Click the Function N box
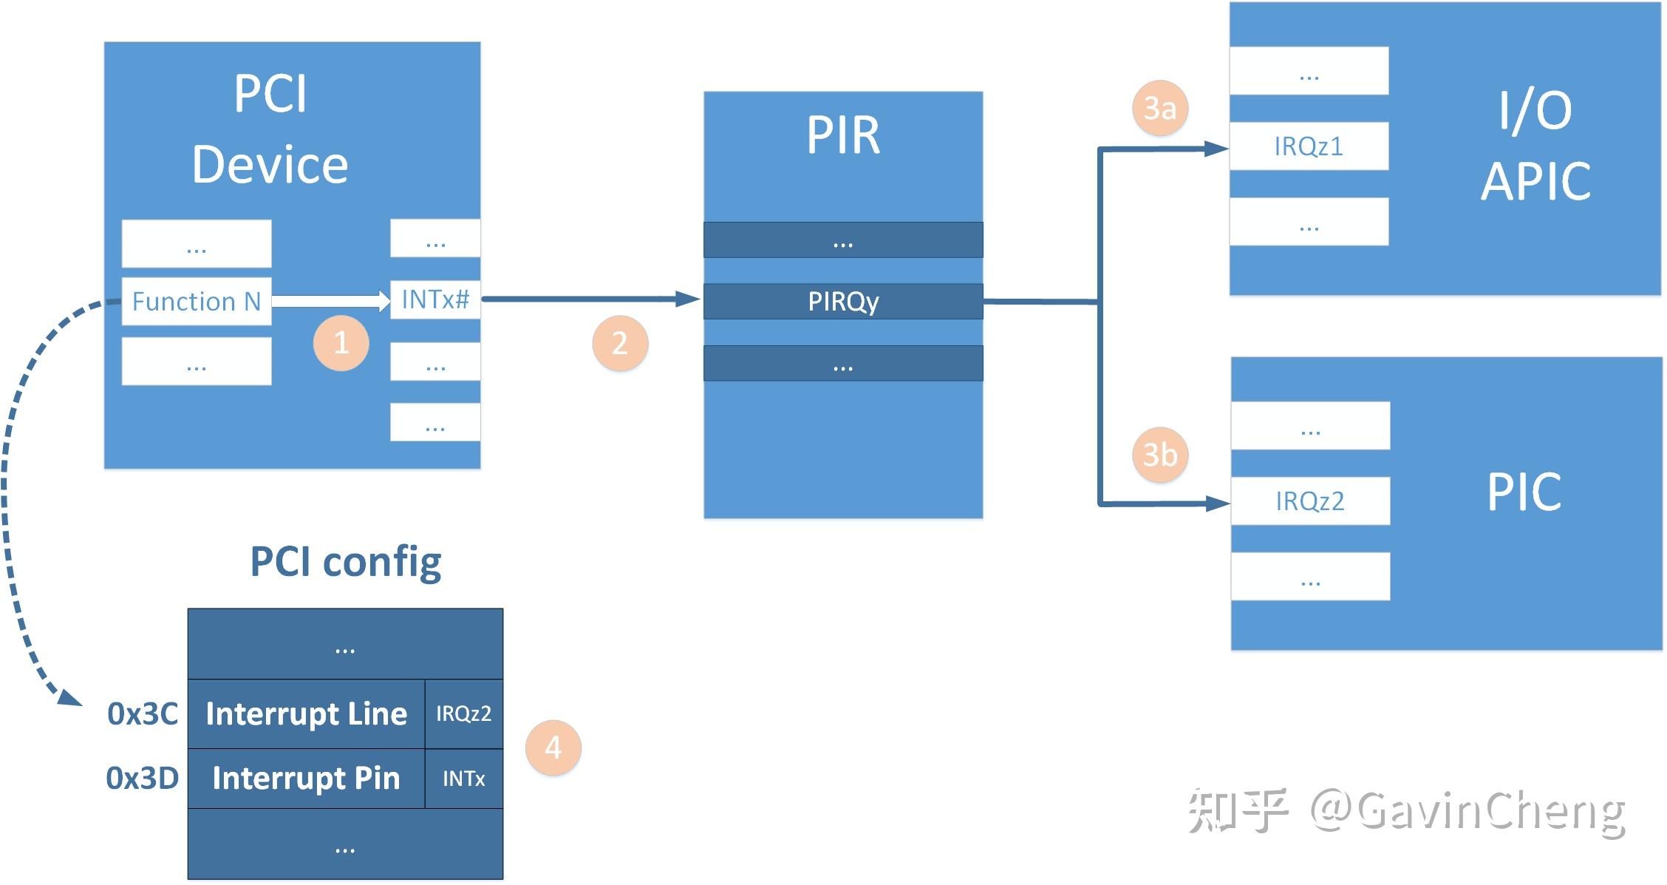click(196, 301)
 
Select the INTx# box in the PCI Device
click(435, 299)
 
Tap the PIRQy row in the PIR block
click(843, 302)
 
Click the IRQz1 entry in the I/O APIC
click(1309, 146)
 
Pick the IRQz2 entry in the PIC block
click(1310, 501)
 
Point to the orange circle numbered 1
click(341, 343)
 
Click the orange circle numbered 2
click(620, 344)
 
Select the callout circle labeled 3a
click(1159, 109)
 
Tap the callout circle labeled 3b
click(1160, 455)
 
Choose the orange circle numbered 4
click(553, 747)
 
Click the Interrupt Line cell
click(307, 713)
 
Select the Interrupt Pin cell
click(307, 778)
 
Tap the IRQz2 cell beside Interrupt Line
click(464, 713)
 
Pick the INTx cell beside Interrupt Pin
click(464, 779)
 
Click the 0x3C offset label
click(143, 713)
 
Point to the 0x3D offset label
click(143, 778)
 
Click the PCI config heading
click(346, 562)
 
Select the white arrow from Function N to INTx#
click(330, 301)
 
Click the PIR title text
click(843, 135)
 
